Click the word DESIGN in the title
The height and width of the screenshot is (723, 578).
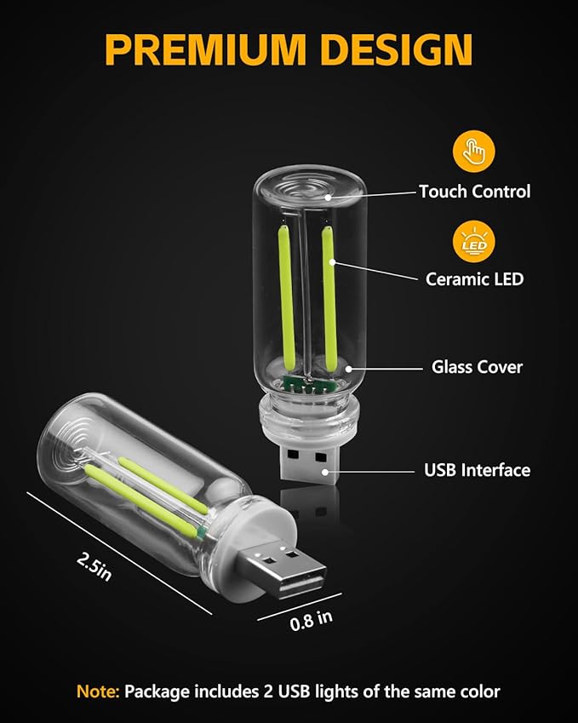393,50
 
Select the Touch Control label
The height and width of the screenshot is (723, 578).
474,192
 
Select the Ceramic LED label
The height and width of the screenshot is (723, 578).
474,278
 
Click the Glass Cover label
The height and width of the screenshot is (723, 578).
477,368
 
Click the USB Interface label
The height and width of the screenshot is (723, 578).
477,470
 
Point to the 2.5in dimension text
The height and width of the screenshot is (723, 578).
94,565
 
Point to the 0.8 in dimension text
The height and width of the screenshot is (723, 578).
312,620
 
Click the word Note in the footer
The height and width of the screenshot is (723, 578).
95,691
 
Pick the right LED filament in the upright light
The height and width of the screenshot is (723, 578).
327,290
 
